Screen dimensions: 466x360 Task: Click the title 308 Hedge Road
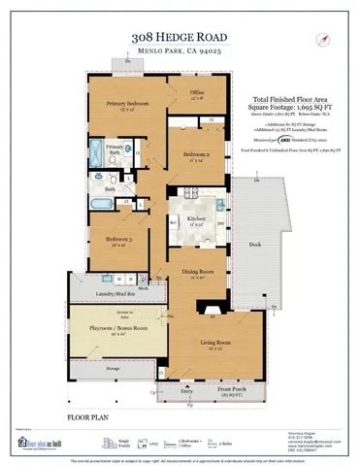click(180, 38)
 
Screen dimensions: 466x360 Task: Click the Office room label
click(197, 93)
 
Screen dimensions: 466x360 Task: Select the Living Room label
click(215, 344)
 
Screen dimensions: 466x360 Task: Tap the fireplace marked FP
click(212, 316)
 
